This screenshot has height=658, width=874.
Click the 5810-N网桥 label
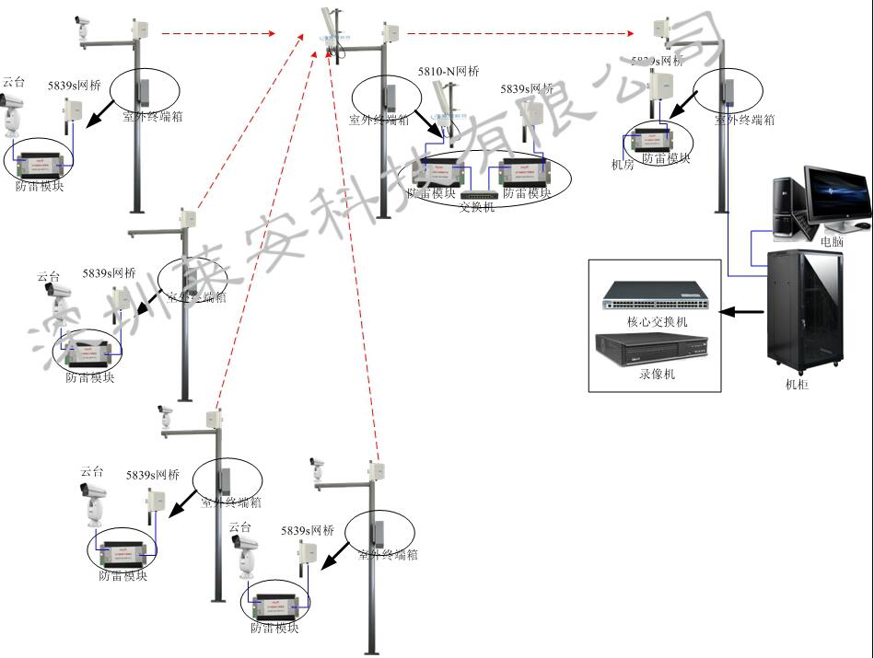click(449, 72)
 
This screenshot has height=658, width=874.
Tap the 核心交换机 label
click(657, 321)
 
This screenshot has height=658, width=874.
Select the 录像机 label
click(657, 375)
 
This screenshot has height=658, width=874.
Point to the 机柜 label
click(797, 385)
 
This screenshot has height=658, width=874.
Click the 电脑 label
click(831, 241)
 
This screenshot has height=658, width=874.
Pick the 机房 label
click(623, 165)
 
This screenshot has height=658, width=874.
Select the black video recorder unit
click(656, 349)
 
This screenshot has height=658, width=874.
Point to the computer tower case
click(788, 208)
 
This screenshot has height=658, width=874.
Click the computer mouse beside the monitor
click(862, 225)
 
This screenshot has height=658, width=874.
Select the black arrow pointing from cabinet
click(741, 312)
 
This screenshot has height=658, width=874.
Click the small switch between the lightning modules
click(477, 195)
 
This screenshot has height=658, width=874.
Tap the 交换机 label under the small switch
click(477, 207)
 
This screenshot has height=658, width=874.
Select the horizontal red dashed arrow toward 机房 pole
click(520, 34)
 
